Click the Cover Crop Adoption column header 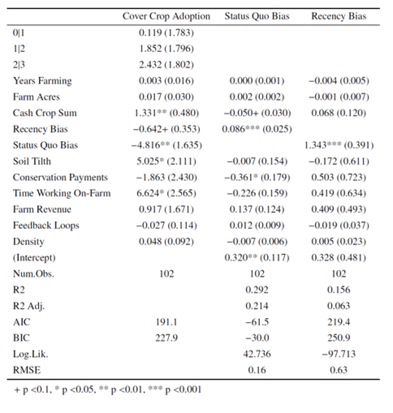click(x=166, y=16)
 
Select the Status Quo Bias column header click(x=257, y=16)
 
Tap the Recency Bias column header click(x=339, y=16)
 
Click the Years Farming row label click(x=42, y=81)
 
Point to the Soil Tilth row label click(x=32, y=161)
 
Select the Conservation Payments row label click(x=60, y=177)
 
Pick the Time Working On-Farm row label click(x=62, y=193)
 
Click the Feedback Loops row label click(x=46, y=226)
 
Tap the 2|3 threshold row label click(x=19, y=65)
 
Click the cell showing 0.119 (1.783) click(x=166, y=33)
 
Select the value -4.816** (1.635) click(x=166, y=145)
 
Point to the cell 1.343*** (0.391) click(x=339, y=145)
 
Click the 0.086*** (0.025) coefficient click(x=257, y=129)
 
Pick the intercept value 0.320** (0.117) click(x=257, y=257)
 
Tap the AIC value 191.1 click(x=166, y=322)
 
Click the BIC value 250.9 click(x=339, y=338)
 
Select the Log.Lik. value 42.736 click(x=257, y=354)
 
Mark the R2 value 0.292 click(x=257, y=290)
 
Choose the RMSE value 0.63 click(x=339, y=370)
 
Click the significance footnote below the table click(x=108, y=390)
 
